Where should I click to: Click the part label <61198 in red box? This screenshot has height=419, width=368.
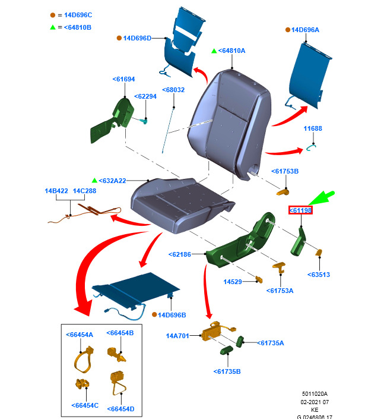click(301, 210)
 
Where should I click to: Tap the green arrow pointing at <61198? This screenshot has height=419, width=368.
click(323, 198)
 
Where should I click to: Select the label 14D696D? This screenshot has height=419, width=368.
click(137, 38)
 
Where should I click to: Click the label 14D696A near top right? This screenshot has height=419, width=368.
click(306, 30)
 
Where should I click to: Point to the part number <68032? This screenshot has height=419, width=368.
click(174, 90)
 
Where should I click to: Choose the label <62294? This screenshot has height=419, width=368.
click(145, 96)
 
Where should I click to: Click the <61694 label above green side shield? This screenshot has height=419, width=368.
click(123, 78)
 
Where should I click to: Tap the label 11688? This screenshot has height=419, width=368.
click(313, 128)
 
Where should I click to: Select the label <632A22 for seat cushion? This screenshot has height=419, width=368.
click(113, 180)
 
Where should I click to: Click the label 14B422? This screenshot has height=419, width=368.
click(56, 191)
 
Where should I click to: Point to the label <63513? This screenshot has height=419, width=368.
click(319, 275)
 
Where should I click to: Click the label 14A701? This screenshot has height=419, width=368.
click(177, 336)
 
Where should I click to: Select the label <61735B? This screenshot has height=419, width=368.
click(227, 371)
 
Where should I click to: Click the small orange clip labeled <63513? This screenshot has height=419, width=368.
click(319, 252)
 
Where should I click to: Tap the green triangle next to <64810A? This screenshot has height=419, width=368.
click(214, 51)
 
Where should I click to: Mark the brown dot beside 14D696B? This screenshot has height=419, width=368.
click(154, 314)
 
